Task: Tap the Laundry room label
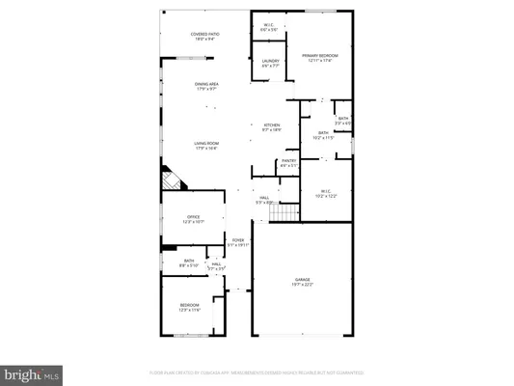pos(271,64)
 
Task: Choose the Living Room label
pos(203,145)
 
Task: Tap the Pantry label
pos(287,163)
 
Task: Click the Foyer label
pos(237,242)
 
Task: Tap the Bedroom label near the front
pos(188,307)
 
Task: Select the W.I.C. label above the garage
pos(324,193)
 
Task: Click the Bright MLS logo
pos(32,372)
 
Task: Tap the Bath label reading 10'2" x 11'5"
pos(324,134)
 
